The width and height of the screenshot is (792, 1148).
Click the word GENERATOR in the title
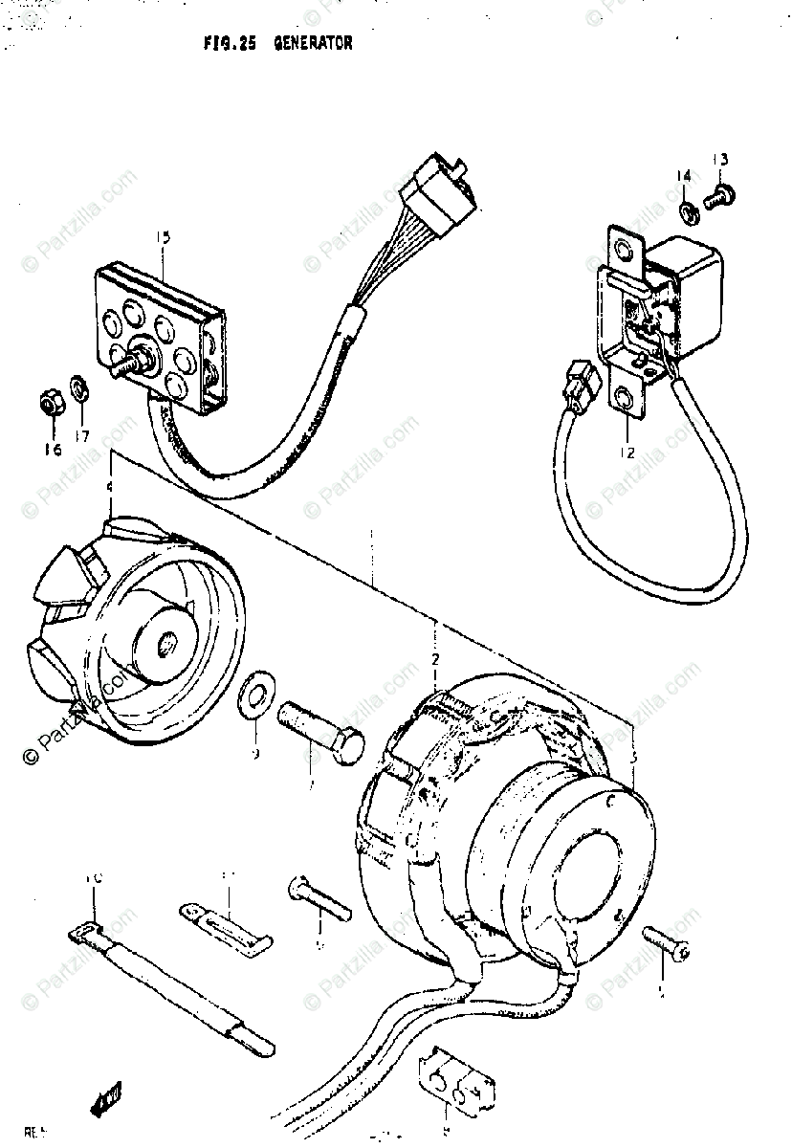pyautogui.click(x=313, y=43)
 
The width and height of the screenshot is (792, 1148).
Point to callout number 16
pyautogui.click(x=52, y=449)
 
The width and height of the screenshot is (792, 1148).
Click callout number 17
pyautogui.click(x=83, y=436)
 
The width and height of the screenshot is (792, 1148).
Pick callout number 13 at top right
pyautogui.click(x=719, y=159)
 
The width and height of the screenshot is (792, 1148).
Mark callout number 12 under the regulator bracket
pyautogui.click(x=627, y=453)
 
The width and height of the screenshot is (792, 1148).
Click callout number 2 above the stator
pyautogui.click(x=435, y=660)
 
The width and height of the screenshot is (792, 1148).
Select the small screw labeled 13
pyautogui.click(x=716, y=199)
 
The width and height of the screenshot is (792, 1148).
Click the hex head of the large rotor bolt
pyautogui.click(x=350, y=742)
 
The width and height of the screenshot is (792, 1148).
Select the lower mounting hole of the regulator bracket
pyautogui.click(x=626, y=400)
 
